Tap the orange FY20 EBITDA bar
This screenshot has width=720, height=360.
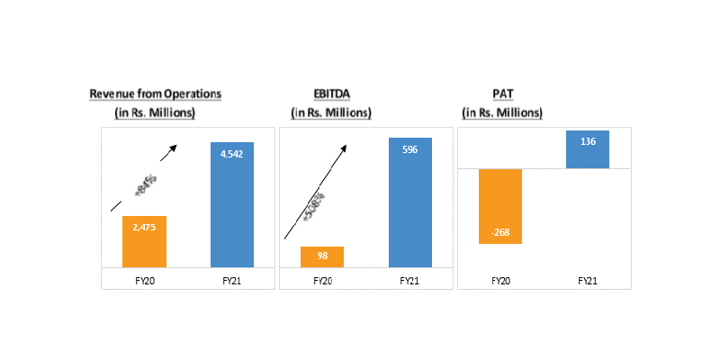[x=321, y=256]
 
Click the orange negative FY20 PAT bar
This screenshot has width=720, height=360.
[x=500, y=206]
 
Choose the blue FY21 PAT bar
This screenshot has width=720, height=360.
[x=588, y=149]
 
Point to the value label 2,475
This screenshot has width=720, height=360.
[x=144, y=229]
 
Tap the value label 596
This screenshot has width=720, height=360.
[x=410, y=150]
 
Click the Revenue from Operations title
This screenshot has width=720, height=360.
[x=155, y=94]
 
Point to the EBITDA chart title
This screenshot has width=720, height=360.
[x=330, y=94]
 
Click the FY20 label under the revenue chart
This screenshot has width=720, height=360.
[x=144, y=280]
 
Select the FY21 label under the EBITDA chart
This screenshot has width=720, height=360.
[x=410, y=280]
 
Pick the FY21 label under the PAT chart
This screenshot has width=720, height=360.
[x=588, y=280]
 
